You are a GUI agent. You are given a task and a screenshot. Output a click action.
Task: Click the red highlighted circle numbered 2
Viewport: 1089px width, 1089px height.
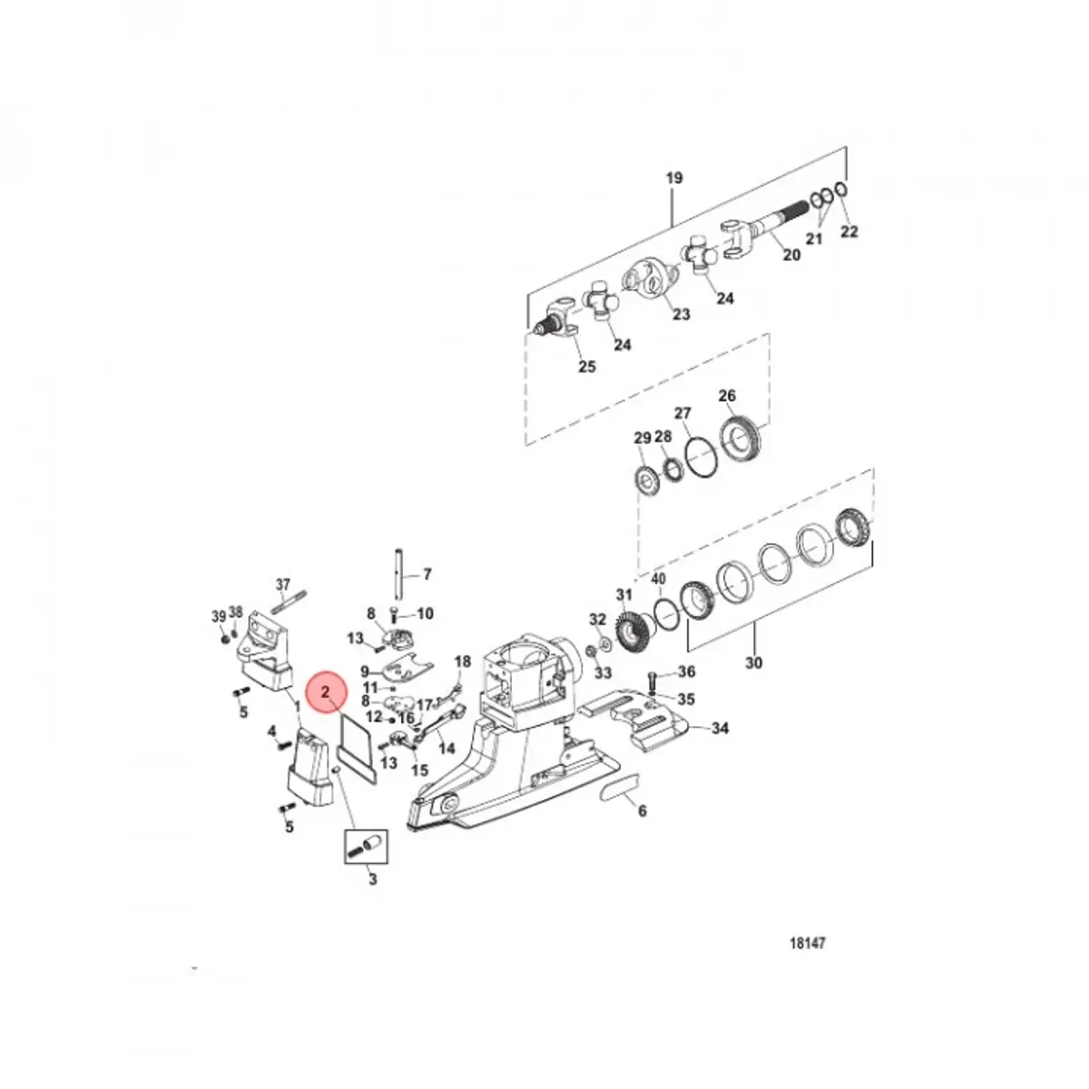(325, 692)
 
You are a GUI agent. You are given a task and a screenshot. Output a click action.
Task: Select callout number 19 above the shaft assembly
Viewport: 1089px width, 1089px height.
(673, 179)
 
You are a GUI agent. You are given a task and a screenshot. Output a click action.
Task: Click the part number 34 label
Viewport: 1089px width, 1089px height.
(721, 728)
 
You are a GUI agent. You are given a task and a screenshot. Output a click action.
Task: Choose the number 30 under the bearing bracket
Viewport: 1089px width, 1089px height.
(753, 662)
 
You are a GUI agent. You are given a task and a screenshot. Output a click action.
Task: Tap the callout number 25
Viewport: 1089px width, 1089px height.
(587, 367)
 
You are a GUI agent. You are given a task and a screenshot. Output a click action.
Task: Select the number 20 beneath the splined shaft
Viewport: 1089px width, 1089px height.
(791, 255)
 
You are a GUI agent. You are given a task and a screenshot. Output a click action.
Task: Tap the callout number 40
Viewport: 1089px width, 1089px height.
(658, 579)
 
